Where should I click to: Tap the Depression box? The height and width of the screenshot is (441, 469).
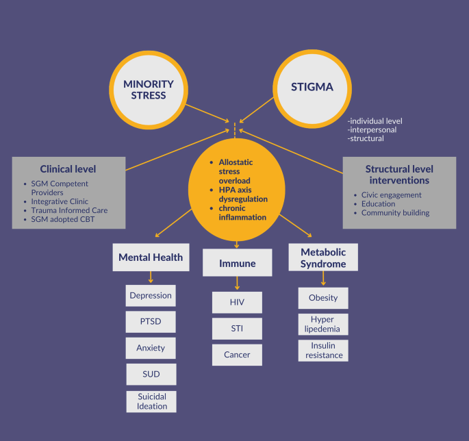pos(151,296)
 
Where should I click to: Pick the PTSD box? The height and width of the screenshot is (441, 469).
pos(151,322)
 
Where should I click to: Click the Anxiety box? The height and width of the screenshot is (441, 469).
pos(151,348)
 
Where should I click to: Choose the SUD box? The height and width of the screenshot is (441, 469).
pos(151,374)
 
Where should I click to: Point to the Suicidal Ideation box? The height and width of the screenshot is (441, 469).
pos(151,401)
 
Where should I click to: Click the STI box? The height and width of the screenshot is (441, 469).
pos(236,329)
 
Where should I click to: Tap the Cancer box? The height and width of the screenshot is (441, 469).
pos(236,355)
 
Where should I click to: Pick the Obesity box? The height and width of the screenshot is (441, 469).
pos(323,298)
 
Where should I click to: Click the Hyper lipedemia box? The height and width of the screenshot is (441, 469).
pos(323,325)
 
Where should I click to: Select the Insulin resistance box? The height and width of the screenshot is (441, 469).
pos(323,350)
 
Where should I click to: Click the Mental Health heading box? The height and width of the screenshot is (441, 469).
pos(151,258)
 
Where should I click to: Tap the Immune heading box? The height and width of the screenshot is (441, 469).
pos(236,262)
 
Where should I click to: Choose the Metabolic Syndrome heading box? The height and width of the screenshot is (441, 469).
pos(323,257)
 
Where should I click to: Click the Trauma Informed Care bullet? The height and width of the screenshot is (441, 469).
pos(69,210)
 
